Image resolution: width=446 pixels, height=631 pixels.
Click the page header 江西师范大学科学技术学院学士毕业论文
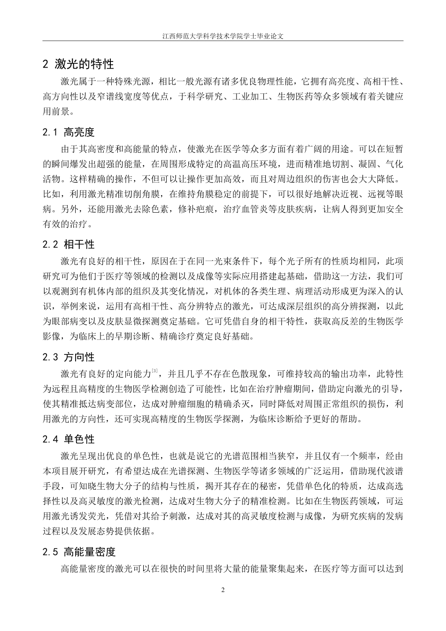[223, 35]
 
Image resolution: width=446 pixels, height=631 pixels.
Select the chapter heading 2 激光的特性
[78, 64]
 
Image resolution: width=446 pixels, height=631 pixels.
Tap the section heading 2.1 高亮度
[69, 132]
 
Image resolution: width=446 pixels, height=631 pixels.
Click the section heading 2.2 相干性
[69, 245]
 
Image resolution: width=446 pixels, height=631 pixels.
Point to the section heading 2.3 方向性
[69, 357]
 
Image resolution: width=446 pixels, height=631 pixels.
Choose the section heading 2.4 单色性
[69, 439]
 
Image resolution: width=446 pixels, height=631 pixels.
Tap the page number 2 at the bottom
[223, 590]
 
